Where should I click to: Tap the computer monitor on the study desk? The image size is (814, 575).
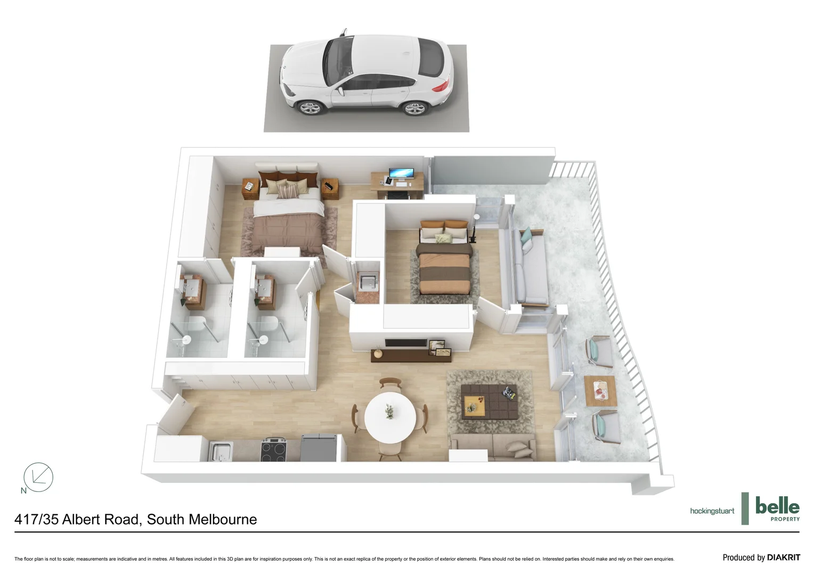pyautogui.click(x=401, y=174)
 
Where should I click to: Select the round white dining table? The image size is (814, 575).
pyautogui.click(x=390, y=417)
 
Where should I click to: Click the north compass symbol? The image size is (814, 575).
pyautogui.click(x=38, y=477)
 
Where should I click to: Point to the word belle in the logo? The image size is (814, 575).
pyautogui.click(x=777, y=505)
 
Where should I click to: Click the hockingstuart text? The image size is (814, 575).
pyautogui.click(x=712, y=511)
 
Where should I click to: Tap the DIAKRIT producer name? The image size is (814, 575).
pyautogui.click(x=783, y=557)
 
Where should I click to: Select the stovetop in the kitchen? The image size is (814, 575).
pyautogui.click(x=274, y=451)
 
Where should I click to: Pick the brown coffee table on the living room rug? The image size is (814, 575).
pyautogui.click(x=489, y=400)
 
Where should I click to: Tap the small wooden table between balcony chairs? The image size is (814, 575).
pyautogui.click(x=600, y=391)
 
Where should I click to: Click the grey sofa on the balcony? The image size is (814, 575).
pyautogui.click(x=529, y=269)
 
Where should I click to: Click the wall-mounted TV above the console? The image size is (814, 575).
pyautogui.click(x=405, y=343)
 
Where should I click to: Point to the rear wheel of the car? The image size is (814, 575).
pyautogui.click(x=414, y=109)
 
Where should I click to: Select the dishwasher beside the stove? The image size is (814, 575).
pyautogui.click(x=319, y=448)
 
